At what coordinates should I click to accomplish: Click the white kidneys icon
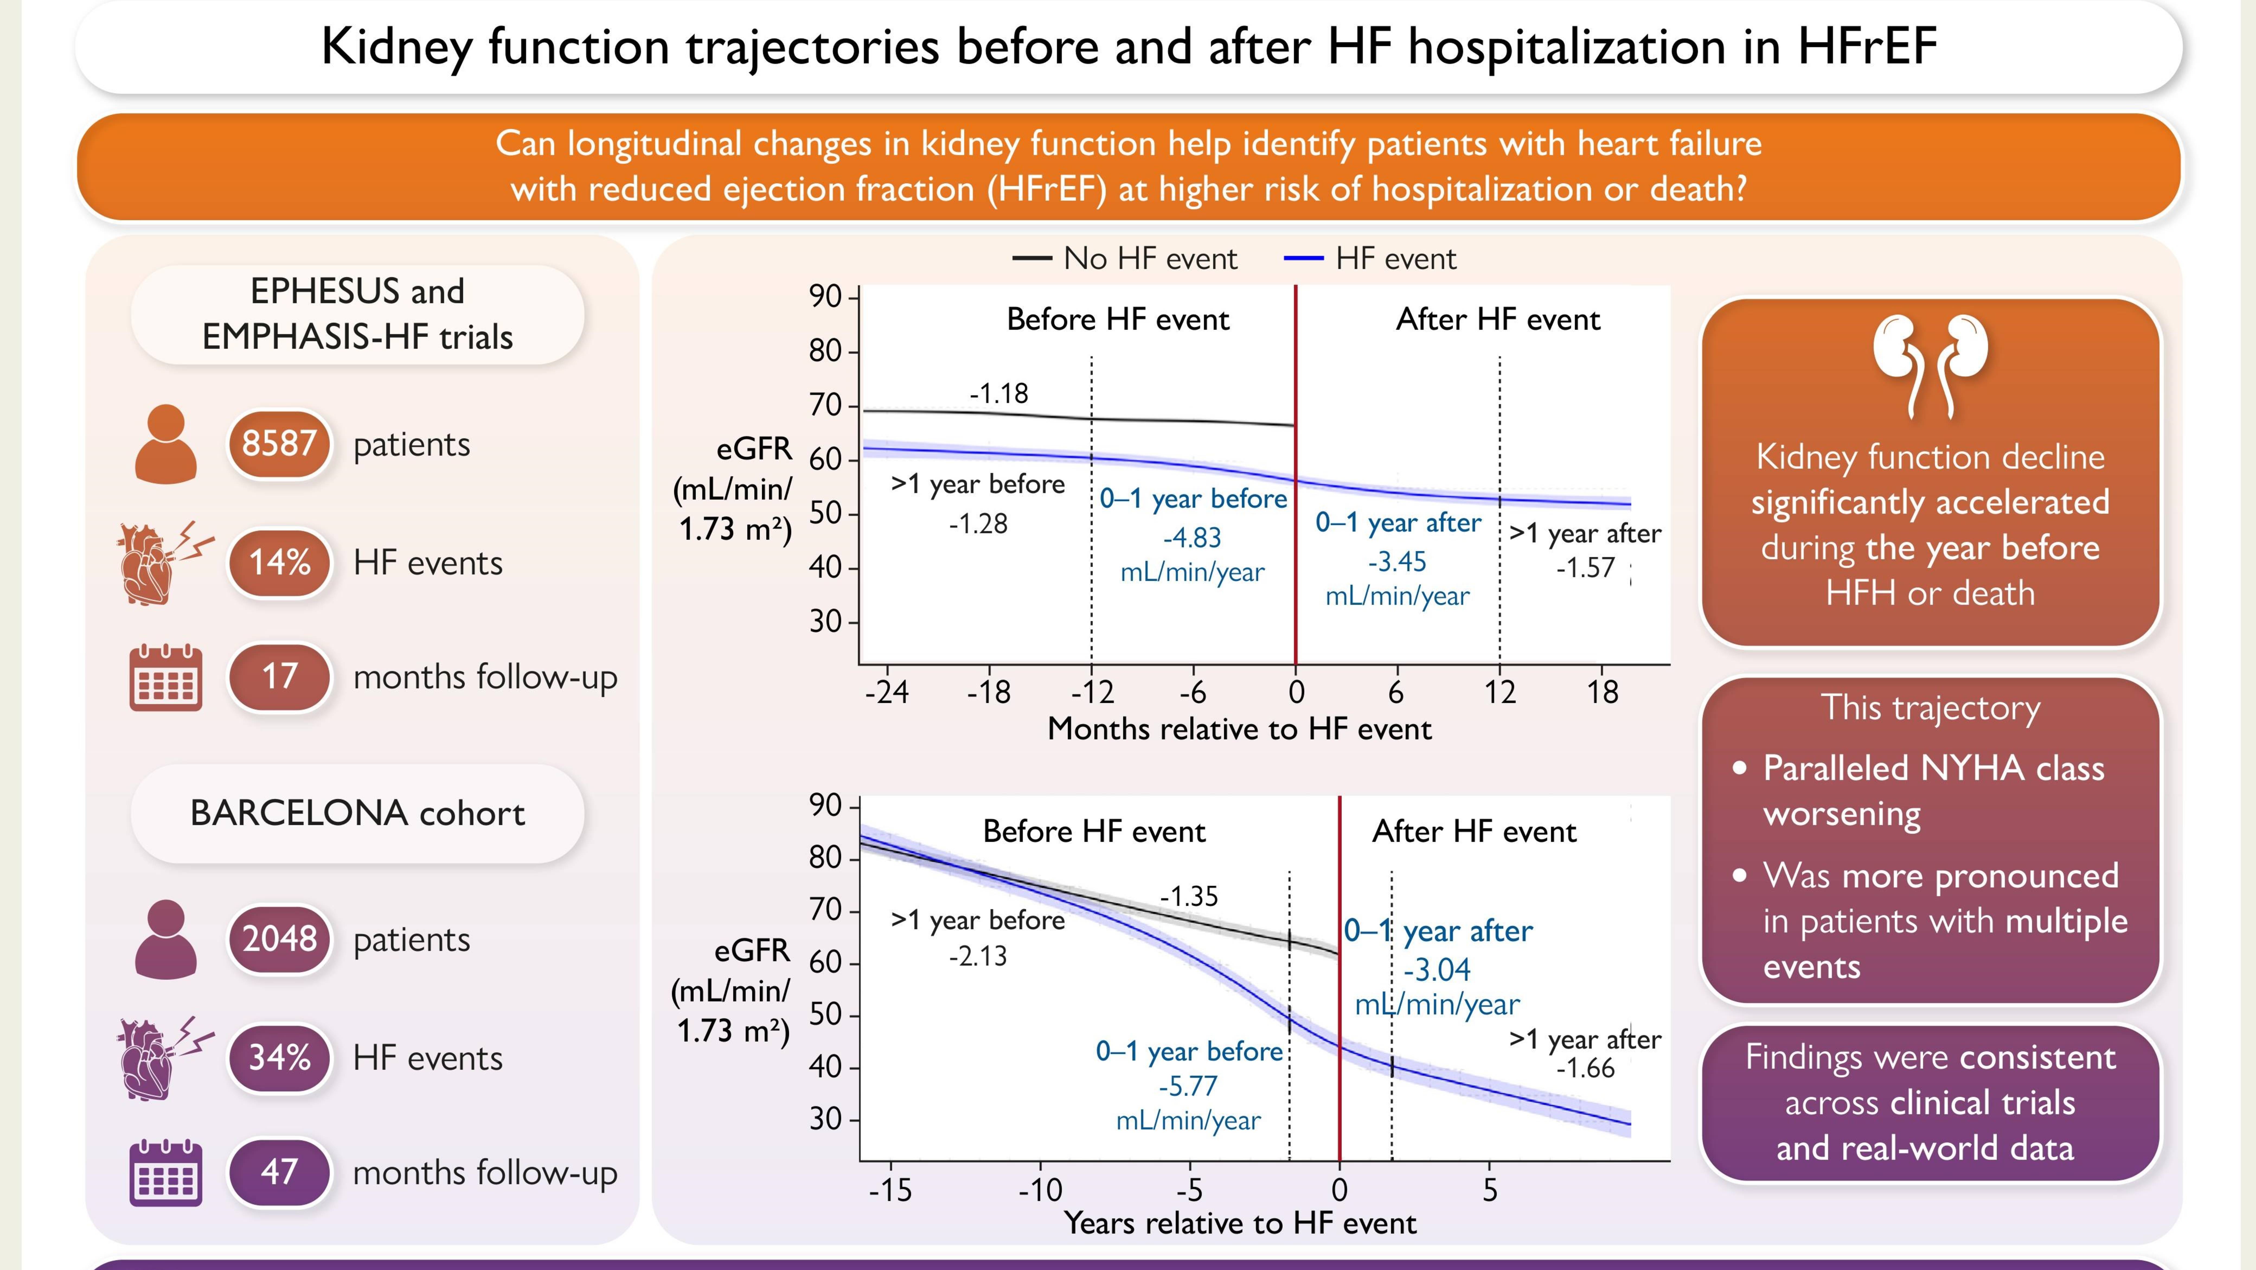click(x=1930, y=363)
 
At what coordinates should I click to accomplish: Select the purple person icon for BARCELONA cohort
click(x=165, y=939)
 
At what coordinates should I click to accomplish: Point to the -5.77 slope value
click(x=1188, y=1086)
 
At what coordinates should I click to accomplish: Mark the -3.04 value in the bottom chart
click(x=1437, y=969)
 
